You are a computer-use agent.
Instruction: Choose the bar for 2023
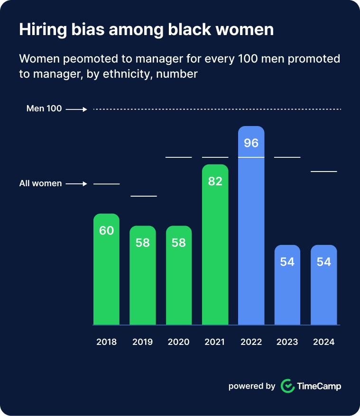tap(287, 289)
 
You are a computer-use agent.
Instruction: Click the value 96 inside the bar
tap(251, 143)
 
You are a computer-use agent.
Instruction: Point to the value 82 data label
tap(215, 181)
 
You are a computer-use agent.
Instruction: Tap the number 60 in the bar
tap(106, 231)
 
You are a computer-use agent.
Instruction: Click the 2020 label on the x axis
tap(179, 342)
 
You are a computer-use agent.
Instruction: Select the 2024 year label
tap(324, 342)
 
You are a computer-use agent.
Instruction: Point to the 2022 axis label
tap(251, 342)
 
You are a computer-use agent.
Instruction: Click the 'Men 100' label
tap(44, 109)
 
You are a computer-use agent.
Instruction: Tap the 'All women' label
tap(40, 183)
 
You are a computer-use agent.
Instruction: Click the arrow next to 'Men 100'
tap(76, 109)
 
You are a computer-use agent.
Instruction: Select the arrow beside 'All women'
tap(76, 184)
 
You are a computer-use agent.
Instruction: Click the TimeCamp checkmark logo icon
tap(287, 386)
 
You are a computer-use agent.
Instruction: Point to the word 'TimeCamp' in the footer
tap(319, 386)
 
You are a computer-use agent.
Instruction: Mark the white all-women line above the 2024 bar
tap(324, 171)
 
